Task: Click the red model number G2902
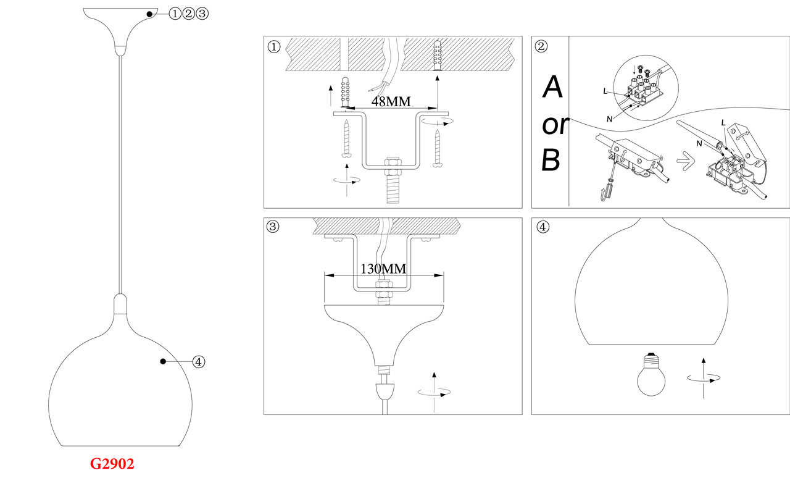pos(112,464)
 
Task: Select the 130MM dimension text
pos(383,269)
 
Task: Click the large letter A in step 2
pos(553,88)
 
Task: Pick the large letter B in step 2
pos(551,160)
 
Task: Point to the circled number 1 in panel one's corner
pos(273,46)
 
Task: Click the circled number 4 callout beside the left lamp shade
pos(199,362)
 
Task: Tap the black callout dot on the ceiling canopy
pos(149,14)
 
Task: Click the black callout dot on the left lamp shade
pos(163,362)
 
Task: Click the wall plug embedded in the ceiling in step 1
pos(438,56)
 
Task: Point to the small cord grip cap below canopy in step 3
pos(385,391)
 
